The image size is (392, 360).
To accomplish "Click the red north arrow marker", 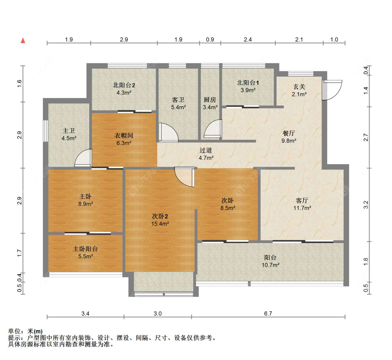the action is (23, 40).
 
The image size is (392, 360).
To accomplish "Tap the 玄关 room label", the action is (299, 87).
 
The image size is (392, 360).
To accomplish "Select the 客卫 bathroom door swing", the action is (169, 132).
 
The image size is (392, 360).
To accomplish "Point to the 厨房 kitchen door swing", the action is (213, 129).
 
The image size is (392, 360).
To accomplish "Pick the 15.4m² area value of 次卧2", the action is (160, 224).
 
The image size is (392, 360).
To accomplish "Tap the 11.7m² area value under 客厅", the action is (302, 208).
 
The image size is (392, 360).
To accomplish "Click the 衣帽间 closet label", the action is (124, 135).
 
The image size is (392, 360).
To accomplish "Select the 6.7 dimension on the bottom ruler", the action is (268, 313).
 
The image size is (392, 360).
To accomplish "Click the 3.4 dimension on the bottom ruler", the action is (85, 313).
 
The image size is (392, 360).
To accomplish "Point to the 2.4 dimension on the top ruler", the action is (248, 39).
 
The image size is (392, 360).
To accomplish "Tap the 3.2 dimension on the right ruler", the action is (366, 205).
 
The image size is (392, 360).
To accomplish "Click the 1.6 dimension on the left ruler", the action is (20, 84).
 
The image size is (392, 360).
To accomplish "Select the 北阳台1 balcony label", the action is (248, 83).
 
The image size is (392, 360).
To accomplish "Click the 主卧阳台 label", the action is (85, 249).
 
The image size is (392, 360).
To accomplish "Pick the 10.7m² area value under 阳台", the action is (270, 265).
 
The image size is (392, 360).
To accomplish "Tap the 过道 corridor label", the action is (206, 150).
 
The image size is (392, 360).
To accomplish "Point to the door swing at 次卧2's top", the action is (184, 177).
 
